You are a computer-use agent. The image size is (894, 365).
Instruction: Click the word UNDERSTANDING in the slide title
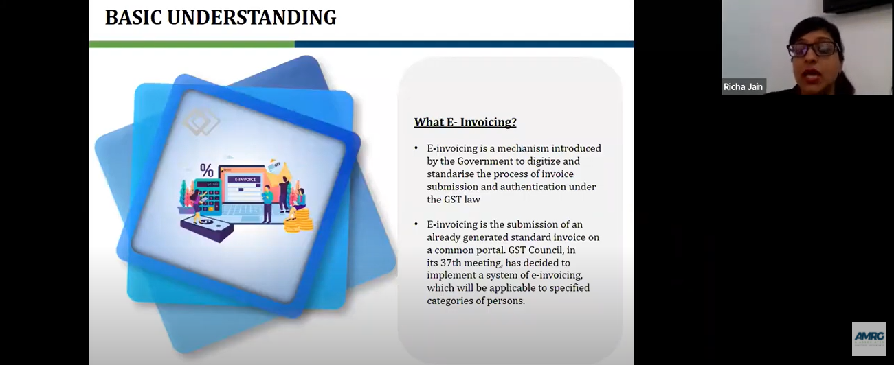(x=252, y=18)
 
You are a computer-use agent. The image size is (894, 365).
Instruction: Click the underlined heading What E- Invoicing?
(x=465, y=122)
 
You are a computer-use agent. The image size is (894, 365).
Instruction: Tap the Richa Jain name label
(x=743, y=86)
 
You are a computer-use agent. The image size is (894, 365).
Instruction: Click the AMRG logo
(x=869, y=339)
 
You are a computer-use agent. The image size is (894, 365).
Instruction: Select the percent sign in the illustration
(x=206, y=171)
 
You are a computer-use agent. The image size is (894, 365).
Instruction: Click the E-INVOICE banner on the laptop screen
(x=245, y=179)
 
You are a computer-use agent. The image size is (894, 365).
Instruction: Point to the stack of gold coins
(x=300, y=221)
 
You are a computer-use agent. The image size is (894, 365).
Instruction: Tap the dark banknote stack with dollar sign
(x=207, y=228)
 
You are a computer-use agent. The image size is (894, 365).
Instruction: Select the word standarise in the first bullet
(x=450, y=174)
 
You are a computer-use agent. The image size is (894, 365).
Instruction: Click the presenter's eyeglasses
(x=813, y=49)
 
